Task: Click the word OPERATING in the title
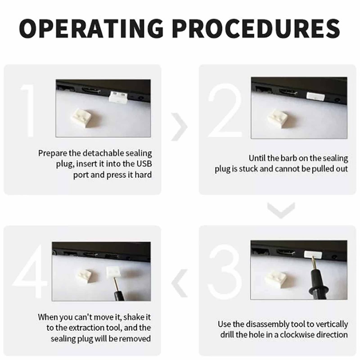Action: pos(91,28)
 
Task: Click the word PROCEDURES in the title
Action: pos(256,28)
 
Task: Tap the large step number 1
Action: pos(28,110)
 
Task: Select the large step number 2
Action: pos(225,110)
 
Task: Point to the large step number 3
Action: pos(225,272)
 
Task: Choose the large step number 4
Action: pos(30,272)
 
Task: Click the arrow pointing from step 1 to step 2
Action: pos(179,127)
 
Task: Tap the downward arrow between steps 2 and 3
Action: pos(281,210)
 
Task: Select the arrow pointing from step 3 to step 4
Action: pos(179,283)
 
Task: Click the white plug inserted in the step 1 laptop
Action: pos(118,96)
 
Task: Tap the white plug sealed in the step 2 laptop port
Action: pos(316,96)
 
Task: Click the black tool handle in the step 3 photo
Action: pos(317,284)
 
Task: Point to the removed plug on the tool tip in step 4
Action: pos(114,273)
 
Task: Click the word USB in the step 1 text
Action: pos(144,164)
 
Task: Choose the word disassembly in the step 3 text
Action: pos(267,324)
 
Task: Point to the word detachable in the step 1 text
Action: pos(103,153)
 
